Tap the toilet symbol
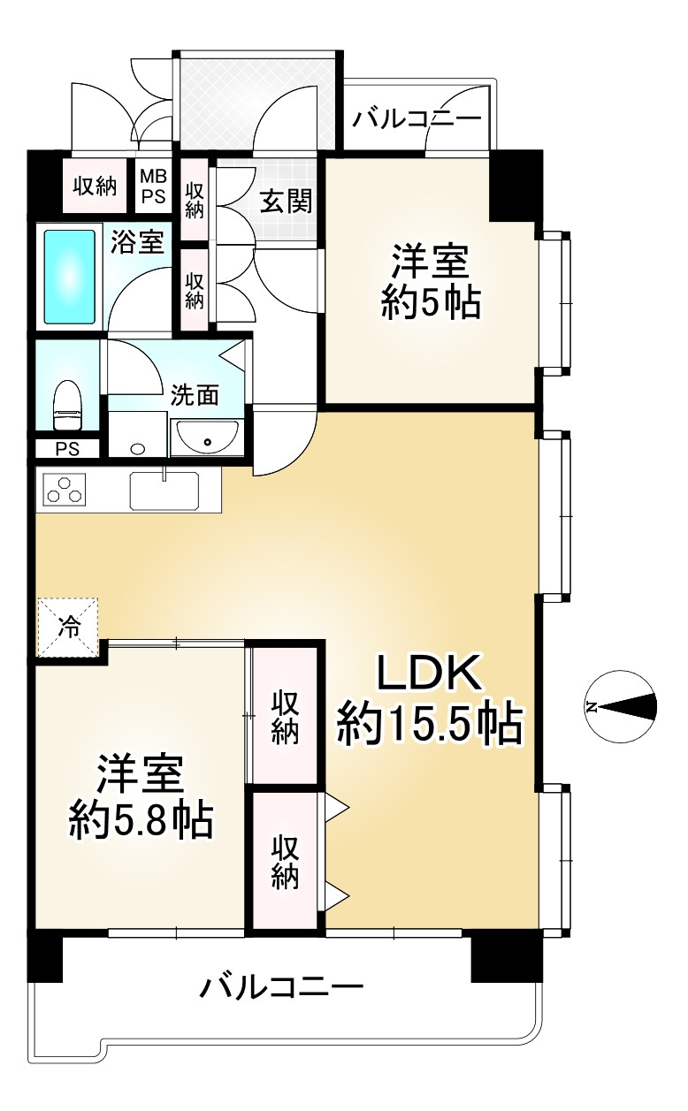pyautogui.click(x=67, y=402)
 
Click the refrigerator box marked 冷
pyautogui.click(x=67, y=628)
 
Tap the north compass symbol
pyautogui.click(x=622, y=707)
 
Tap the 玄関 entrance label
pyautogui.click(x=286, y=202)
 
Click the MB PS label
pyautogui.click(x=154, y=187)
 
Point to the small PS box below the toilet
pyautogui.click(x=67, y=449)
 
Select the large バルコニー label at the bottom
pyautogui.click(x=281, y=985)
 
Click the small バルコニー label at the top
pyautogui.click(x=417, y=118)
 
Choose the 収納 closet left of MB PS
pyautogui.click(x=95, y=186)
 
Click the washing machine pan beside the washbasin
pyautogui.click(x=137, y=436)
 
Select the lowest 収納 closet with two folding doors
pyautogui.click(x=284, y=862)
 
